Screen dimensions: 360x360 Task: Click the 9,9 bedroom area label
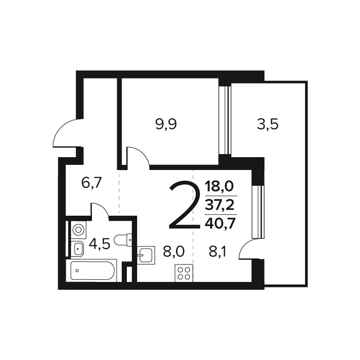166,125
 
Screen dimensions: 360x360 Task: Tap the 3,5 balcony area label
268,125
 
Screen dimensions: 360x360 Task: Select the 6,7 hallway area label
91,183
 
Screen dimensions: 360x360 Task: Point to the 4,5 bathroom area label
100,244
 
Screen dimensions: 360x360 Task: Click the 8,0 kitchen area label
174,252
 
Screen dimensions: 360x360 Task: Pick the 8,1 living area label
217,252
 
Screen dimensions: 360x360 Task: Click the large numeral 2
184,205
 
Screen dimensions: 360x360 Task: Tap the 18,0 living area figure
219,186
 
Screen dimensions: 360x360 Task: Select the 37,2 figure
220,205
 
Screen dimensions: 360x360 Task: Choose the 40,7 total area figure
220,223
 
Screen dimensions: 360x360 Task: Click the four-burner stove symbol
184,273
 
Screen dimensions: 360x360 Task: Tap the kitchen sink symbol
146,255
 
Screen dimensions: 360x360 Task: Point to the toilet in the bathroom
123,240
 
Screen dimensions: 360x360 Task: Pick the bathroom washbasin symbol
78,249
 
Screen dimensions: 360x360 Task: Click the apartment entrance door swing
67,133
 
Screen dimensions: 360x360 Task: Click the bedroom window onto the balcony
224,120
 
